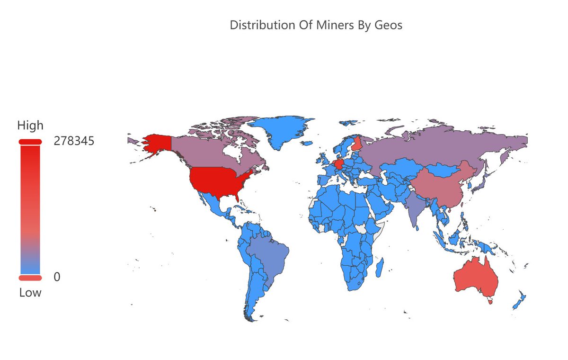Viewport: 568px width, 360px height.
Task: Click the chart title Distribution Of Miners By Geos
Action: coord(316,26)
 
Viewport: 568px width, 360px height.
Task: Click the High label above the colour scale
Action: coord(30,126)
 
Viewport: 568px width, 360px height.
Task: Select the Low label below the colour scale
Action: coord(30,293)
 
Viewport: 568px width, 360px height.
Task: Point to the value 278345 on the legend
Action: coord(74,141)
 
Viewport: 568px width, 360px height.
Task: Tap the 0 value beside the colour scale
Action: coord(57,277)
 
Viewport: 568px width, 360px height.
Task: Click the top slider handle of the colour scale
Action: coord(30,142)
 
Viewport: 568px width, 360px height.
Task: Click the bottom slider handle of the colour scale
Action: coord(30,278)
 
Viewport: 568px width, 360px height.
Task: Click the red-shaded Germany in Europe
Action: coord(339,164)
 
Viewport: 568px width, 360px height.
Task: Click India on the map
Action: coord(416,208)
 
